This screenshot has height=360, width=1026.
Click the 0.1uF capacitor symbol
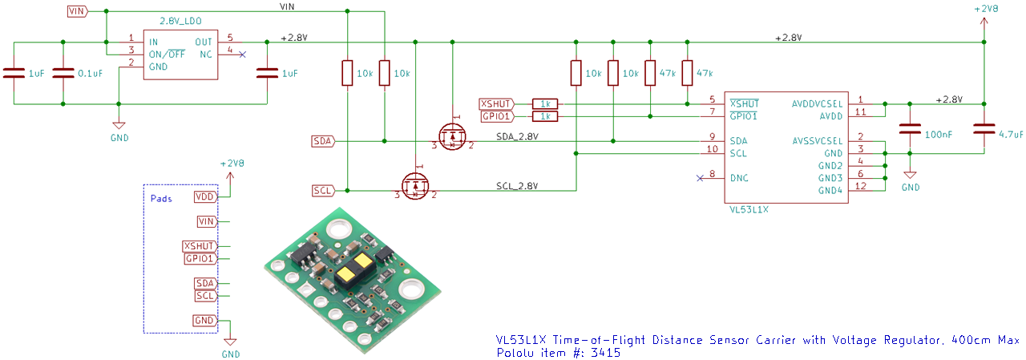[x=63, y=73]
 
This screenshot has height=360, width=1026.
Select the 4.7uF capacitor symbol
[x=984, y=129]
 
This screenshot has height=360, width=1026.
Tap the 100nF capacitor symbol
[x=910, y=129]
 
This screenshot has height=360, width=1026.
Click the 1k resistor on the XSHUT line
[x=545, y=104]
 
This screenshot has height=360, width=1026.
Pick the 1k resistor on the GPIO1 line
[x=545, y=116]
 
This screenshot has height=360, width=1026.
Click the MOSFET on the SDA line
[x=452, y=136]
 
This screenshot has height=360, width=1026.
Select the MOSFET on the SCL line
[x=415, y=185]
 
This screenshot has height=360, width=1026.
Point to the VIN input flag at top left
[x=78, y=11]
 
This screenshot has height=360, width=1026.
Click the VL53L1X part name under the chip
[x=749, y=210]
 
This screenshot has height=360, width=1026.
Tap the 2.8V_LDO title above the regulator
[x=180, y=21]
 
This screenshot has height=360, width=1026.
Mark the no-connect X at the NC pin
[x=242, y=55]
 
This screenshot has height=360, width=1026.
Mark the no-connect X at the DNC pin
[x=700, y=178]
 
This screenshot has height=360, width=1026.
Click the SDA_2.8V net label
[x=517, y=136]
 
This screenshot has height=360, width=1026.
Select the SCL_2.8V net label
[x=517, y=186]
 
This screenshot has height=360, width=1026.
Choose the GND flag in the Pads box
[x=204, y=321]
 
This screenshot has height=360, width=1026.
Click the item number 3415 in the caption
[x=605, y=353]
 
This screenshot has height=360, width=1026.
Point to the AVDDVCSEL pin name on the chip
[x=817, y=104]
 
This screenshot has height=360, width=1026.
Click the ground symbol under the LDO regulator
[x=119, y=125]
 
